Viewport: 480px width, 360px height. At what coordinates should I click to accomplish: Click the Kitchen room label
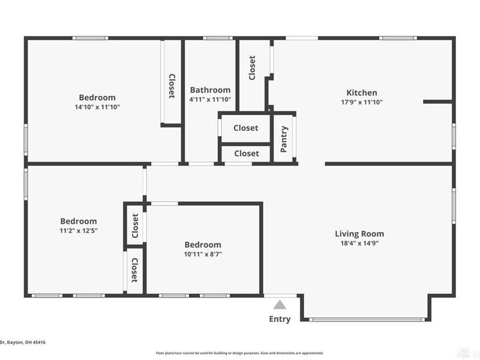click(x=362, y=92)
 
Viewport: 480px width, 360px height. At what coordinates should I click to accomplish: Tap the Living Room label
click(x=359, y=234)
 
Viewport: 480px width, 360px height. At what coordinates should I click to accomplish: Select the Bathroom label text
click(x=210, y=90)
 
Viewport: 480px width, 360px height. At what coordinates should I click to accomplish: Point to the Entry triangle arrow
click(x=280, y=304)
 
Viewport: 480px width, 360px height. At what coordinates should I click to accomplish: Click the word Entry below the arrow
click(x=280, y=319)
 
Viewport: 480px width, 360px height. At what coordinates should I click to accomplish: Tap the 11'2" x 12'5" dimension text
click(x=79, y=231)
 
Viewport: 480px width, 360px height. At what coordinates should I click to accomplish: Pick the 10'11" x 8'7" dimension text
click(x=202, y=254)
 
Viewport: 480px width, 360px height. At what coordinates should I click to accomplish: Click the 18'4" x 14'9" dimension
click(x=359, y=244)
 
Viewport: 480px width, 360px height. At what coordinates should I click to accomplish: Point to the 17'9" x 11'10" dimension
click(x=362, y=102)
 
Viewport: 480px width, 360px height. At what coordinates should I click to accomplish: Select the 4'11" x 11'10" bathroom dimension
click(x=210, y=100)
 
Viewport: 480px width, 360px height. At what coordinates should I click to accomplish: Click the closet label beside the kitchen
click(x=252, y=68)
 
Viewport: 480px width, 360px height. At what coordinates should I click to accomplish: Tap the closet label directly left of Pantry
click(x=246, y=128)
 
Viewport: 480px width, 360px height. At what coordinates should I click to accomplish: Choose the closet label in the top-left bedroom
click(x=172, y=86)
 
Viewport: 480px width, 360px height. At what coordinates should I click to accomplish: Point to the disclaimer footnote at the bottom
click(x=240, y=353)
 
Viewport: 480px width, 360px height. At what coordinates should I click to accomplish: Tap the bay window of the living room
click(x=366, y=319)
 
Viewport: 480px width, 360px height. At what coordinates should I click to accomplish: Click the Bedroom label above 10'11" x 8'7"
click(x=202, y=245)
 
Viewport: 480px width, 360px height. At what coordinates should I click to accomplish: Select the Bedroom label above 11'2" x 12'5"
click(x=79, y=221)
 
